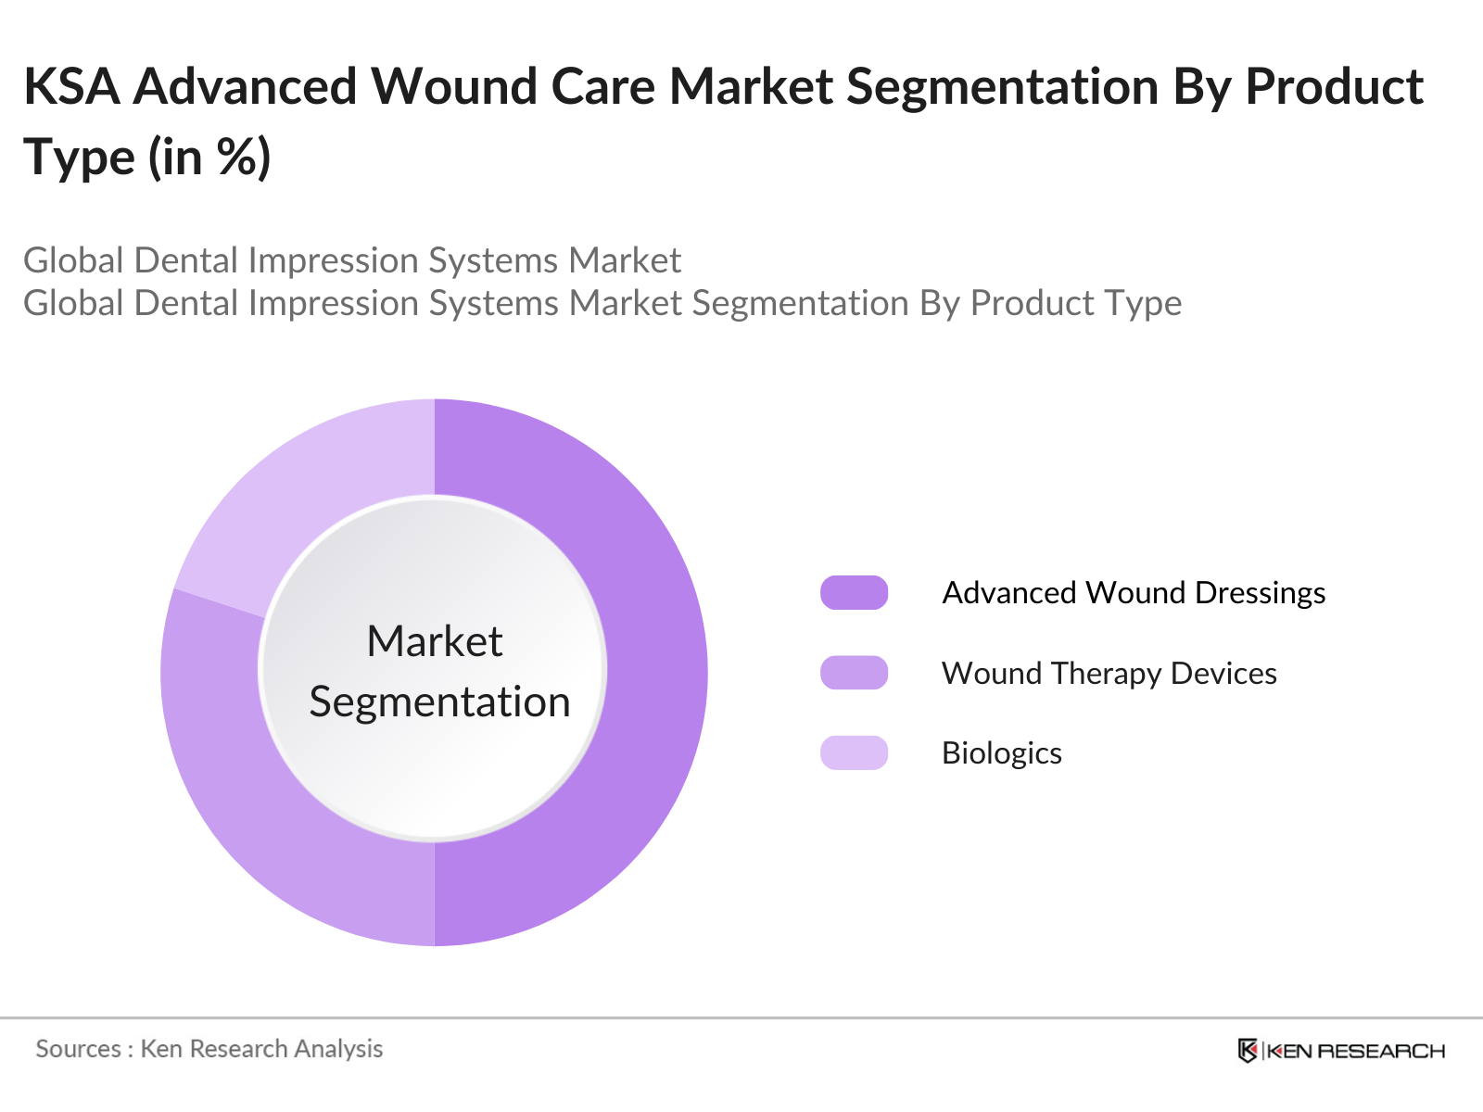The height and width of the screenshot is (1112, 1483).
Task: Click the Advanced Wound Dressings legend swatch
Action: click(854, 593)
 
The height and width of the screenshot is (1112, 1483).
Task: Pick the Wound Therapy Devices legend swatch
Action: click(854, 673)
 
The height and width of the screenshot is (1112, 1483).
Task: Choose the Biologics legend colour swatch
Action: click(854, 752)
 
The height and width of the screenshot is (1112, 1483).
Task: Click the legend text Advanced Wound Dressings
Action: click(1134, 593)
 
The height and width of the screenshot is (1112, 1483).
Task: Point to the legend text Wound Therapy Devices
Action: click(1109, 673)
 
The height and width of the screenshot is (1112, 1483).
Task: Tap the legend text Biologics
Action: click(1002, 753)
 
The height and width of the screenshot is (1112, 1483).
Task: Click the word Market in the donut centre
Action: click(435, 640)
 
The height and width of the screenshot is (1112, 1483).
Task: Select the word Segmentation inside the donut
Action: click(440, 702)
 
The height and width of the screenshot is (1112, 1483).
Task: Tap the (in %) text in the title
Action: click(209, 158)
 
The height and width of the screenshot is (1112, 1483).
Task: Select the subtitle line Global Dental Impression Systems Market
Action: click(352, 260)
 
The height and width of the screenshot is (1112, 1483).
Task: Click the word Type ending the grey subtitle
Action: click(1143, 304)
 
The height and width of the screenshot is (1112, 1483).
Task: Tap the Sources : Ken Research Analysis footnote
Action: click(209, 1049)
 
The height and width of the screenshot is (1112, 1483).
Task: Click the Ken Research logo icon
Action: click(1248, 1051)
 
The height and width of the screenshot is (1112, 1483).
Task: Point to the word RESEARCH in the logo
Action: click(1381, 1051)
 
